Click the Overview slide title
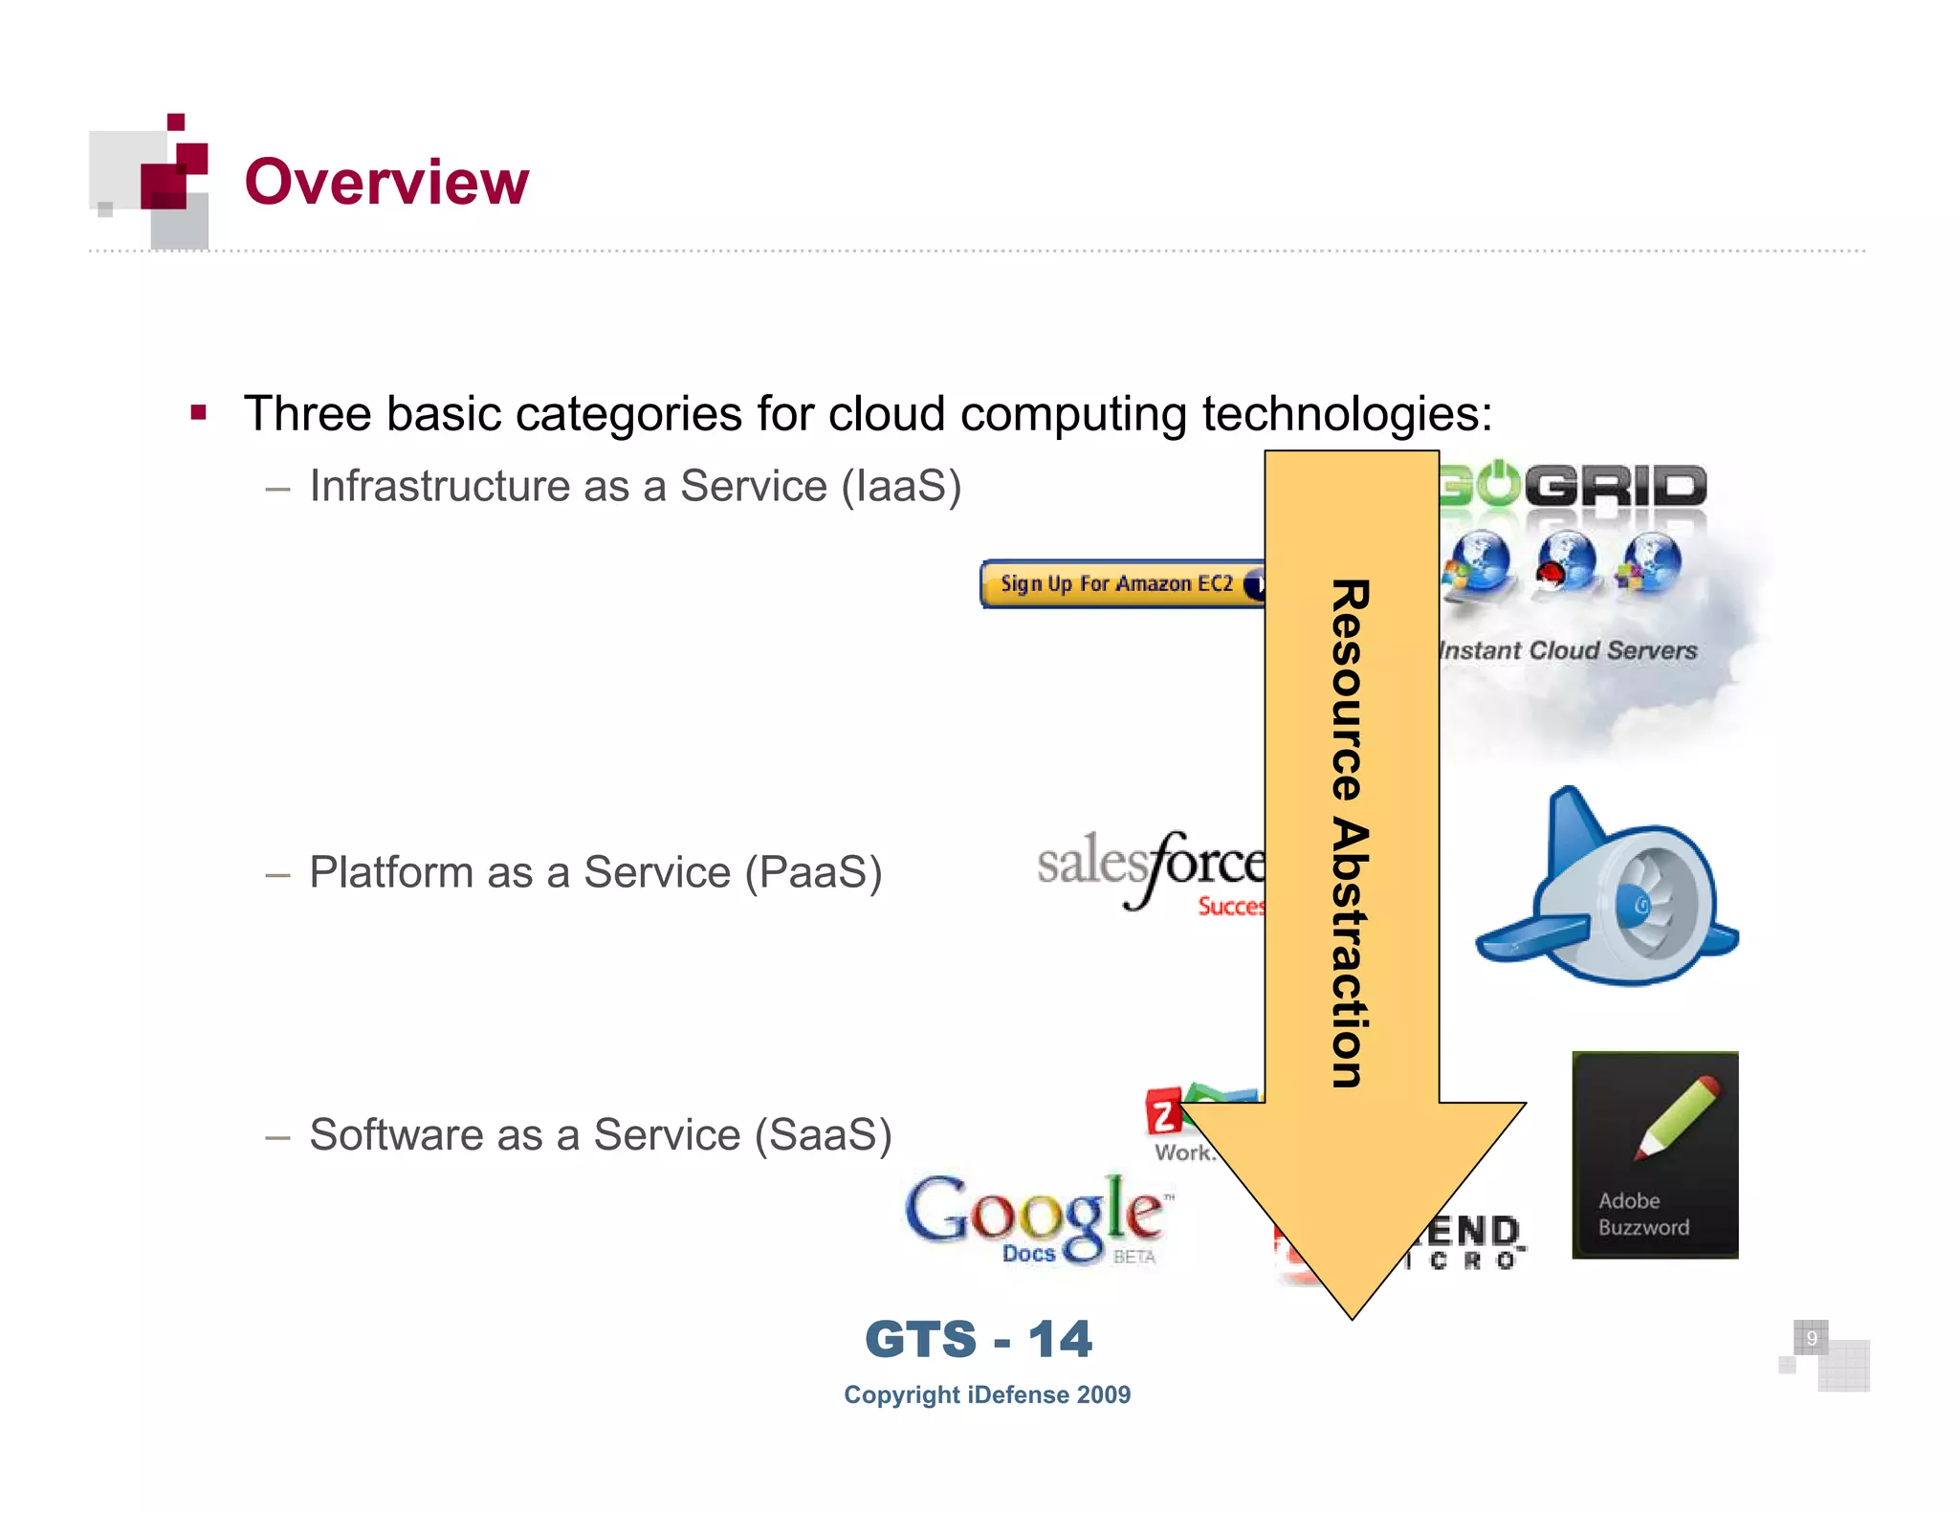pos(386,182)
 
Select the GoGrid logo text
pos(1574,486)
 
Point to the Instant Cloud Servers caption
pos(1569,650)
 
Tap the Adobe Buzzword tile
pos(1655,1154)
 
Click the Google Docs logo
pos(1038,1218)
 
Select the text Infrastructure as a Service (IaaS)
pos(635,486)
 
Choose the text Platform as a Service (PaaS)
pos(595,872)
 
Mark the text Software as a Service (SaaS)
pos(601,1135)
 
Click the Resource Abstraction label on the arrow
pos(1351,832)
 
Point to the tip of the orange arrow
pos(1353,1316)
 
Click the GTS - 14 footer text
pos(979,1339)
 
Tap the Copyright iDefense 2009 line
pos(987,1394)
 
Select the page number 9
pos(1811,1338)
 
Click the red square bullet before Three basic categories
pos(199,413)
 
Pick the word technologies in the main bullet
pos(1346,414)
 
